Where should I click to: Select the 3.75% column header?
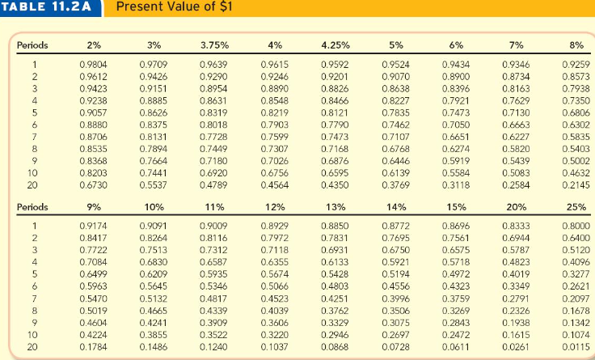[x=213, y=44]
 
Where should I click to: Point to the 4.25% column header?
[x=335, y=44]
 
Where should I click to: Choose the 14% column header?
[x=396, y=206]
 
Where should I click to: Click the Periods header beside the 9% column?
[x=33, y=206]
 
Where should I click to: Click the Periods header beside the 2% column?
[x=33, y=44]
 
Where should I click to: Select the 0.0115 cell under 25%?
[x=577, y=347]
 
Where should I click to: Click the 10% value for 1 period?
[x=153, y=224]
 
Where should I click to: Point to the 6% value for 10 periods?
[x=457, y=173]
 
